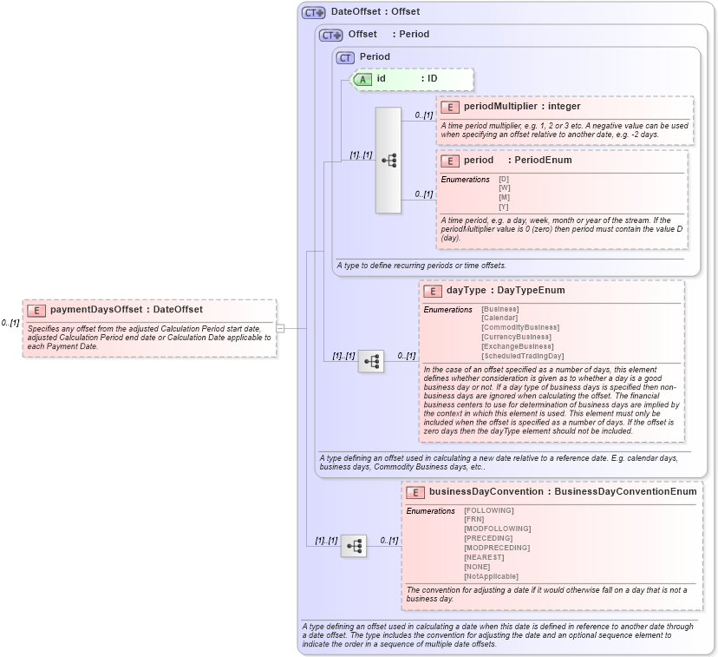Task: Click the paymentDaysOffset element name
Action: point(95,310)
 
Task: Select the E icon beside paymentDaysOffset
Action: point(36,310)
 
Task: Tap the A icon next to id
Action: point(363,79)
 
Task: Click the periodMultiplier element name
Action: point(500,107)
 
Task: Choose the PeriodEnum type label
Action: point(543,161)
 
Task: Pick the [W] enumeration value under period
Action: point(504,188)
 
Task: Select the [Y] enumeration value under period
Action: point(504,207)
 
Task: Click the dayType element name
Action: point(466,291)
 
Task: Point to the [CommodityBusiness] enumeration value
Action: point(520,328)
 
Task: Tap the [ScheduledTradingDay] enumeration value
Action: point(523,356)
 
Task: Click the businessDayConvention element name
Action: point(486,492)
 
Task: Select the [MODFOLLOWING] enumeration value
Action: point(498,529)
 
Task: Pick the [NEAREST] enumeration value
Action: point(484,557)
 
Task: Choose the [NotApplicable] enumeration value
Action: point(491,576)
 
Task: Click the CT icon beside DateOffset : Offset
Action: point(313,12)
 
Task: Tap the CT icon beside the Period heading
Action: point(346,57)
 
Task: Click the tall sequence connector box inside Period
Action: point(388,161)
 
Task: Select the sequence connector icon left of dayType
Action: point(371,360)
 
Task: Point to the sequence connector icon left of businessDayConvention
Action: point(354,546)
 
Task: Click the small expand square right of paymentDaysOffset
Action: point(280,328)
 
